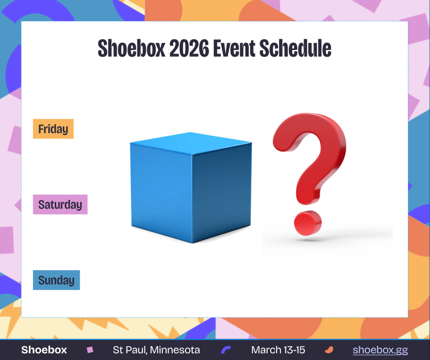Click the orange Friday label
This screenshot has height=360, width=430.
[x=53, y=129]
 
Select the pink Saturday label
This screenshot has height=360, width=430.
[x=60, y=205]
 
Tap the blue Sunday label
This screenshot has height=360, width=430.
[x=56, y=280]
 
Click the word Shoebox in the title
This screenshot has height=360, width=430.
[x=132, y=48]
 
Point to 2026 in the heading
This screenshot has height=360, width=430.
[x=189, y=48]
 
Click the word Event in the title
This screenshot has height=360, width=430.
[x=234, y=48]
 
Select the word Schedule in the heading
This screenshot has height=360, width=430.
[x=295, y=48]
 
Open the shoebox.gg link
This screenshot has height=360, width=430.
[x=380, y=350]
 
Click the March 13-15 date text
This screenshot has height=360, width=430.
[x=278, y=350]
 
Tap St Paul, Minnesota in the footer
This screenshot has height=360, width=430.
[x=156, y=350]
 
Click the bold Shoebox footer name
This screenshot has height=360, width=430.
[x=44, y=350]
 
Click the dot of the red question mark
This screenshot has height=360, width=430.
[x=308, y=223]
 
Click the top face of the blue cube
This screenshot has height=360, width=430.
[x=191, y=143]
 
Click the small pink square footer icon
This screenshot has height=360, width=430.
[x=90, y=350]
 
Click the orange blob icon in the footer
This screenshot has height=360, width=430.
[x=329, y=350]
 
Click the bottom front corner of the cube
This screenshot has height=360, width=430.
[x=192, y=243]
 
